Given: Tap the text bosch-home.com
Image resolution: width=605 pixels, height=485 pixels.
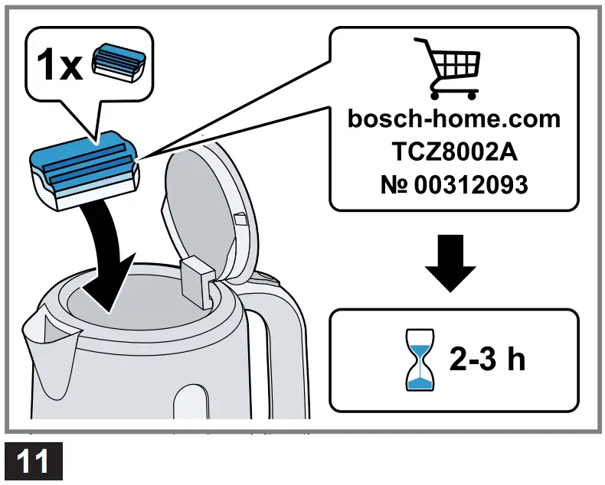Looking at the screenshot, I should [453, 119].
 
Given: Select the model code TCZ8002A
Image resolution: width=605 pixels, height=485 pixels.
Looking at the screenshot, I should [453, 151].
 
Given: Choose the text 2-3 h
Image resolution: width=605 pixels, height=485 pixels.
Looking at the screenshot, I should [488, 360].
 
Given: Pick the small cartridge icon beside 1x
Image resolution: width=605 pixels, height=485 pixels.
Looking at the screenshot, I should [116, 63].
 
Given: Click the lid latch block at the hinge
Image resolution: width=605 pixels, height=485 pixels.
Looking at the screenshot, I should [198, 278].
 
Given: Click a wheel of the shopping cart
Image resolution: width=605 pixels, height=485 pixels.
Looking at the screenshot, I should [437, 94].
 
